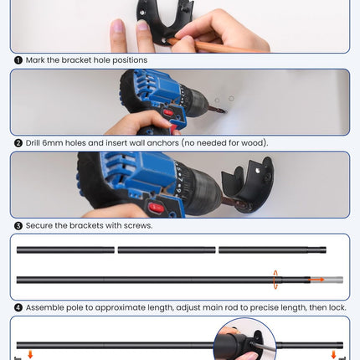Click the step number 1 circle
click(x=18, y=60)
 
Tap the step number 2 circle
click(x=18, y=143)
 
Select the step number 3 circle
click(x=18, y=226)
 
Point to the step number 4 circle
click(x=18, y=308)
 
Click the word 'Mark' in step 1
click(x=35, y=60)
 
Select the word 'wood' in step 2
click(x=252, y=143)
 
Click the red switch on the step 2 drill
click(x=168, y=113)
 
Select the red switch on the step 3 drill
click(x=157, y=208)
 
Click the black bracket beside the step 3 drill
click(x=249, y=184)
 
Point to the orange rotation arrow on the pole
click(x=275, y=280)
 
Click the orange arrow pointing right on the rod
click(x=316, y=280)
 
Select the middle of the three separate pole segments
click(x=167, y=250)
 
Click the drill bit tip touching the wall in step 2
click(x=225, y=112)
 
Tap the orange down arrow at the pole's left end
click(x=30, y=354)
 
